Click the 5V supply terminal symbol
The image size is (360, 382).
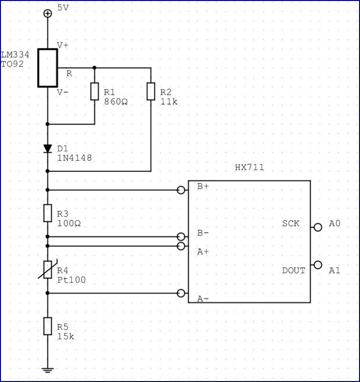(47, 13)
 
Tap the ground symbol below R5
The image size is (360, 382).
(47, 370)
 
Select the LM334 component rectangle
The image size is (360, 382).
(47, 68)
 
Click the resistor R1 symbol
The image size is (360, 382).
(95, 91)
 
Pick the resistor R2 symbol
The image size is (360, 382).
(151, 91)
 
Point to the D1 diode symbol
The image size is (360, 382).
(47, 149)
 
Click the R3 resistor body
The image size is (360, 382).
(47, 213)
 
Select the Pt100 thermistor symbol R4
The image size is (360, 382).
(47, 269)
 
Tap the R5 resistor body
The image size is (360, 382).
(47, 326)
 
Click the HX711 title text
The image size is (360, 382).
(249, 167)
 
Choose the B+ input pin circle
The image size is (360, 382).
(181, 190)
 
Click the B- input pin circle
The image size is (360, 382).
(181, 237)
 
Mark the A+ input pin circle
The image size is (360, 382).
(181, 246)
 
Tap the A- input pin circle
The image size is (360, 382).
(181, 293)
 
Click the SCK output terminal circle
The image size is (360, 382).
(318, 227)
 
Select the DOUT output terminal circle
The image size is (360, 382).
(318, 265)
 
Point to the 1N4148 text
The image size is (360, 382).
(75, 158)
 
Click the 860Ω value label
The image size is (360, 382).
(116, 102)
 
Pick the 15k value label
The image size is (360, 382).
(66, 336)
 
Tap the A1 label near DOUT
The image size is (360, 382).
(334, 270)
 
